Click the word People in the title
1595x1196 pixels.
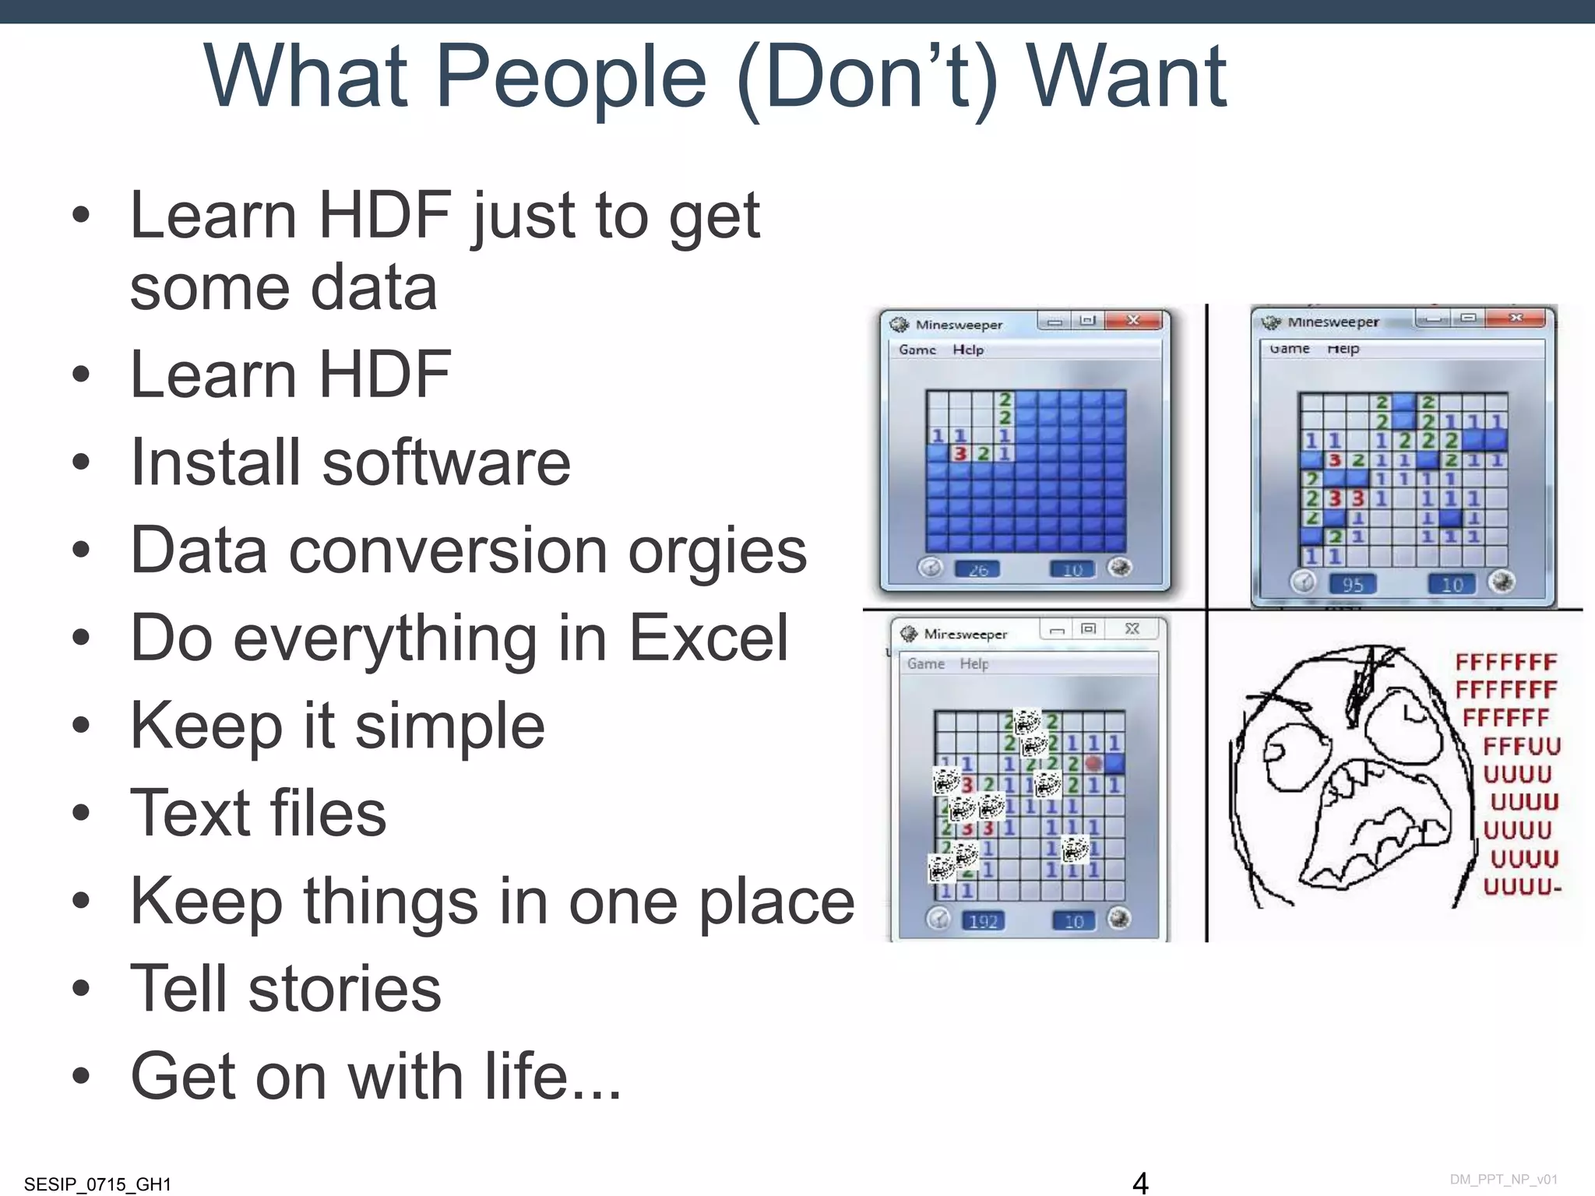(x=571, y=78)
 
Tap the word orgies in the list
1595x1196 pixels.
(x=717, y=551)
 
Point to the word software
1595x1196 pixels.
(x=446, y=463)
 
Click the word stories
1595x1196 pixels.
(x=344, y=989)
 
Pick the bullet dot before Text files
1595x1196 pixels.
(x=81, y=813)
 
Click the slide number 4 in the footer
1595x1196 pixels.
(x=1140, y=1182)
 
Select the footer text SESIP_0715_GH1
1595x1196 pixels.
(x=97, y=1184)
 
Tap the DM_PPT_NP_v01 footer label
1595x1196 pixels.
(x=1503, y=1180)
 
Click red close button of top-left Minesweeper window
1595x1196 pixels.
(x=1134, y=320)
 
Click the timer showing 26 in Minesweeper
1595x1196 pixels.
(x=978, y=570)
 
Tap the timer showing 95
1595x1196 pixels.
(x=1353, y=584)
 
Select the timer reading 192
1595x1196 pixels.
(x=983, y=921)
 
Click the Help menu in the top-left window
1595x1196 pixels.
(x=968, y=350)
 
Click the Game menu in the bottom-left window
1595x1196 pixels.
(x=925, y=663)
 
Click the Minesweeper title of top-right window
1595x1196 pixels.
(x=1333, y=322)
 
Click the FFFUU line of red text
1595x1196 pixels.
(x=1521, y=746)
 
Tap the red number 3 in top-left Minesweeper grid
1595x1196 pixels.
(x=960, y=453)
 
